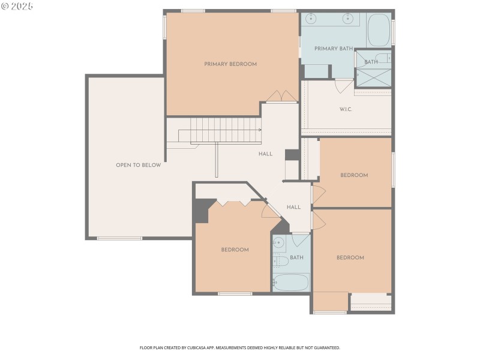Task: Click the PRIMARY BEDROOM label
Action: click(230, 64)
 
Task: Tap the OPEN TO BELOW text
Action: click(138, 165)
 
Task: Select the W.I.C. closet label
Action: click(346, 109)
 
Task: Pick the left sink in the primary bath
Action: click(311, 19)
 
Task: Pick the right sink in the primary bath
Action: click(347, 19)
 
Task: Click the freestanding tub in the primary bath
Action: click(379, 31)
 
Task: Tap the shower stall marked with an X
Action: click(373, 78)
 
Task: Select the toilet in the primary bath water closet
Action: click(380, 58)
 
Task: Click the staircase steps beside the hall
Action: click(226, 130)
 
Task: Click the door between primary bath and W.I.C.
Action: click(344, 86)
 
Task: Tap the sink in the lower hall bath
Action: click(279, 243)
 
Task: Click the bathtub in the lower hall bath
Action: click(291, 282)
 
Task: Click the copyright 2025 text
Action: click(17, 6)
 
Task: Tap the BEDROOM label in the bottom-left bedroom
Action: click(235, 250)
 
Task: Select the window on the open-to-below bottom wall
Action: click(120, 238)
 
